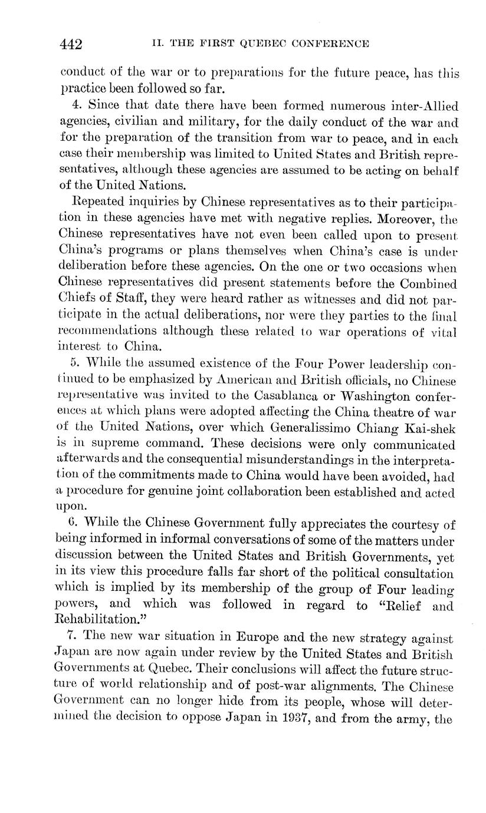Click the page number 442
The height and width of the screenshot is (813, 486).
(71, 44)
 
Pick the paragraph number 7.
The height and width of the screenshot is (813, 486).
(73, 637)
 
